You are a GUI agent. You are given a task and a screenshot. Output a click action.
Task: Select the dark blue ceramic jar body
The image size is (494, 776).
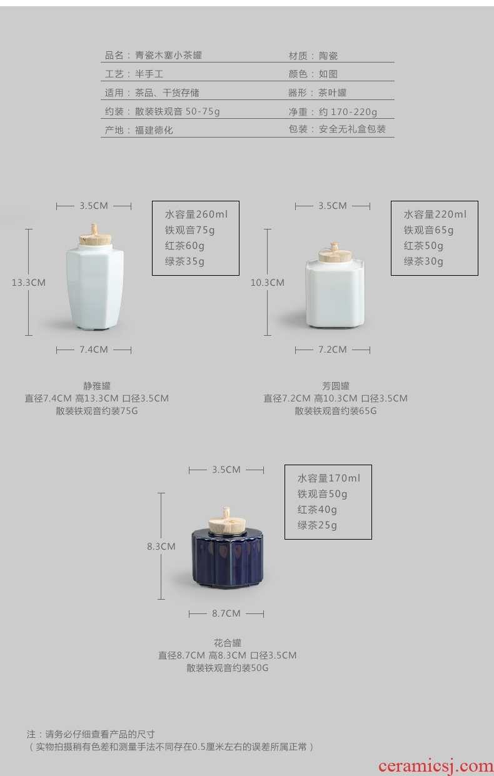(227, 560)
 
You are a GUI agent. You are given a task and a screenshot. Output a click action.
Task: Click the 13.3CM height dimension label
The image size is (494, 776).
(29, 283)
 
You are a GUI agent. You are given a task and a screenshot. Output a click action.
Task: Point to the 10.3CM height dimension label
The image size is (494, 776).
(268, 283)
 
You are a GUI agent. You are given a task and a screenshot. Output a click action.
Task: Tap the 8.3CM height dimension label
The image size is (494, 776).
(161, 547)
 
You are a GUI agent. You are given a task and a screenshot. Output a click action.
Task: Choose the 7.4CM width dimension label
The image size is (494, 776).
(94, 350)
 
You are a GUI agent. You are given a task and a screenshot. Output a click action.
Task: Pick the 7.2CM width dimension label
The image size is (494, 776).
(333, 350)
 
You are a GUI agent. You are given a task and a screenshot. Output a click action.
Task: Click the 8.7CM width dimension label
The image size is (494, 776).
(226, 613)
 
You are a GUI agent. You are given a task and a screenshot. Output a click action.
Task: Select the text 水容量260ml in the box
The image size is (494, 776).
(196, 214)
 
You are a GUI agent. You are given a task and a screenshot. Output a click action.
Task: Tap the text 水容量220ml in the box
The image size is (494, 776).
(435, 214)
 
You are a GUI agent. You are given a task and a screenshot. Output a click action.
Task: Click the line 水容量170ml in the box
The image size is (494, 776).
(329, 478)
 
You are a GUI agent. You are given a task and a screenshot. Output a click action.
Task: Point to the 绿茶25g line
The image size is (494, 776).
(317, 525)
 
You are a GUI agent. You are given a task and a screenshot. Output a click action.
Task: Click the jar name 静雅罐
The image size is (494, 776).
(97, 386)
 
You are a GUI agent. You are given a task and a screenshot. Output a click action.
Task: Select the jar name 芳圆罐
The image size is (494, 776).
(336, 386)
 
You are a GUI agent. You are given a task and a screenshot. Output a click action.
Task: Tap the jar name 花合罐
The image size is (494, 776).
(228, 643)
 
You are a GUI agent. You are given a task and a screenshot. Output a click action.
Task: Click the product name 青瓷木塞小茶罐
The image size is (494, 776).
(168, 56)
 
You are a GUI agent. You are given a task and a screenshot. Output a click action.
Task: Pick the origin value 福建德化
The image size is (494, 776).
(154, 130)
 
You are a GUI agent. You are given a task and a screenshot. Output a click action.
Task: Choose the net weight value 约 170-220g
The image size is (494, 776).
(348, 112)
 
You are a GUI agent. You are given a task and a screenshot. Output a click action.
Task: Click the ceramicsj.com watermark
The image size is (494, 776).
(436, 766)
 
